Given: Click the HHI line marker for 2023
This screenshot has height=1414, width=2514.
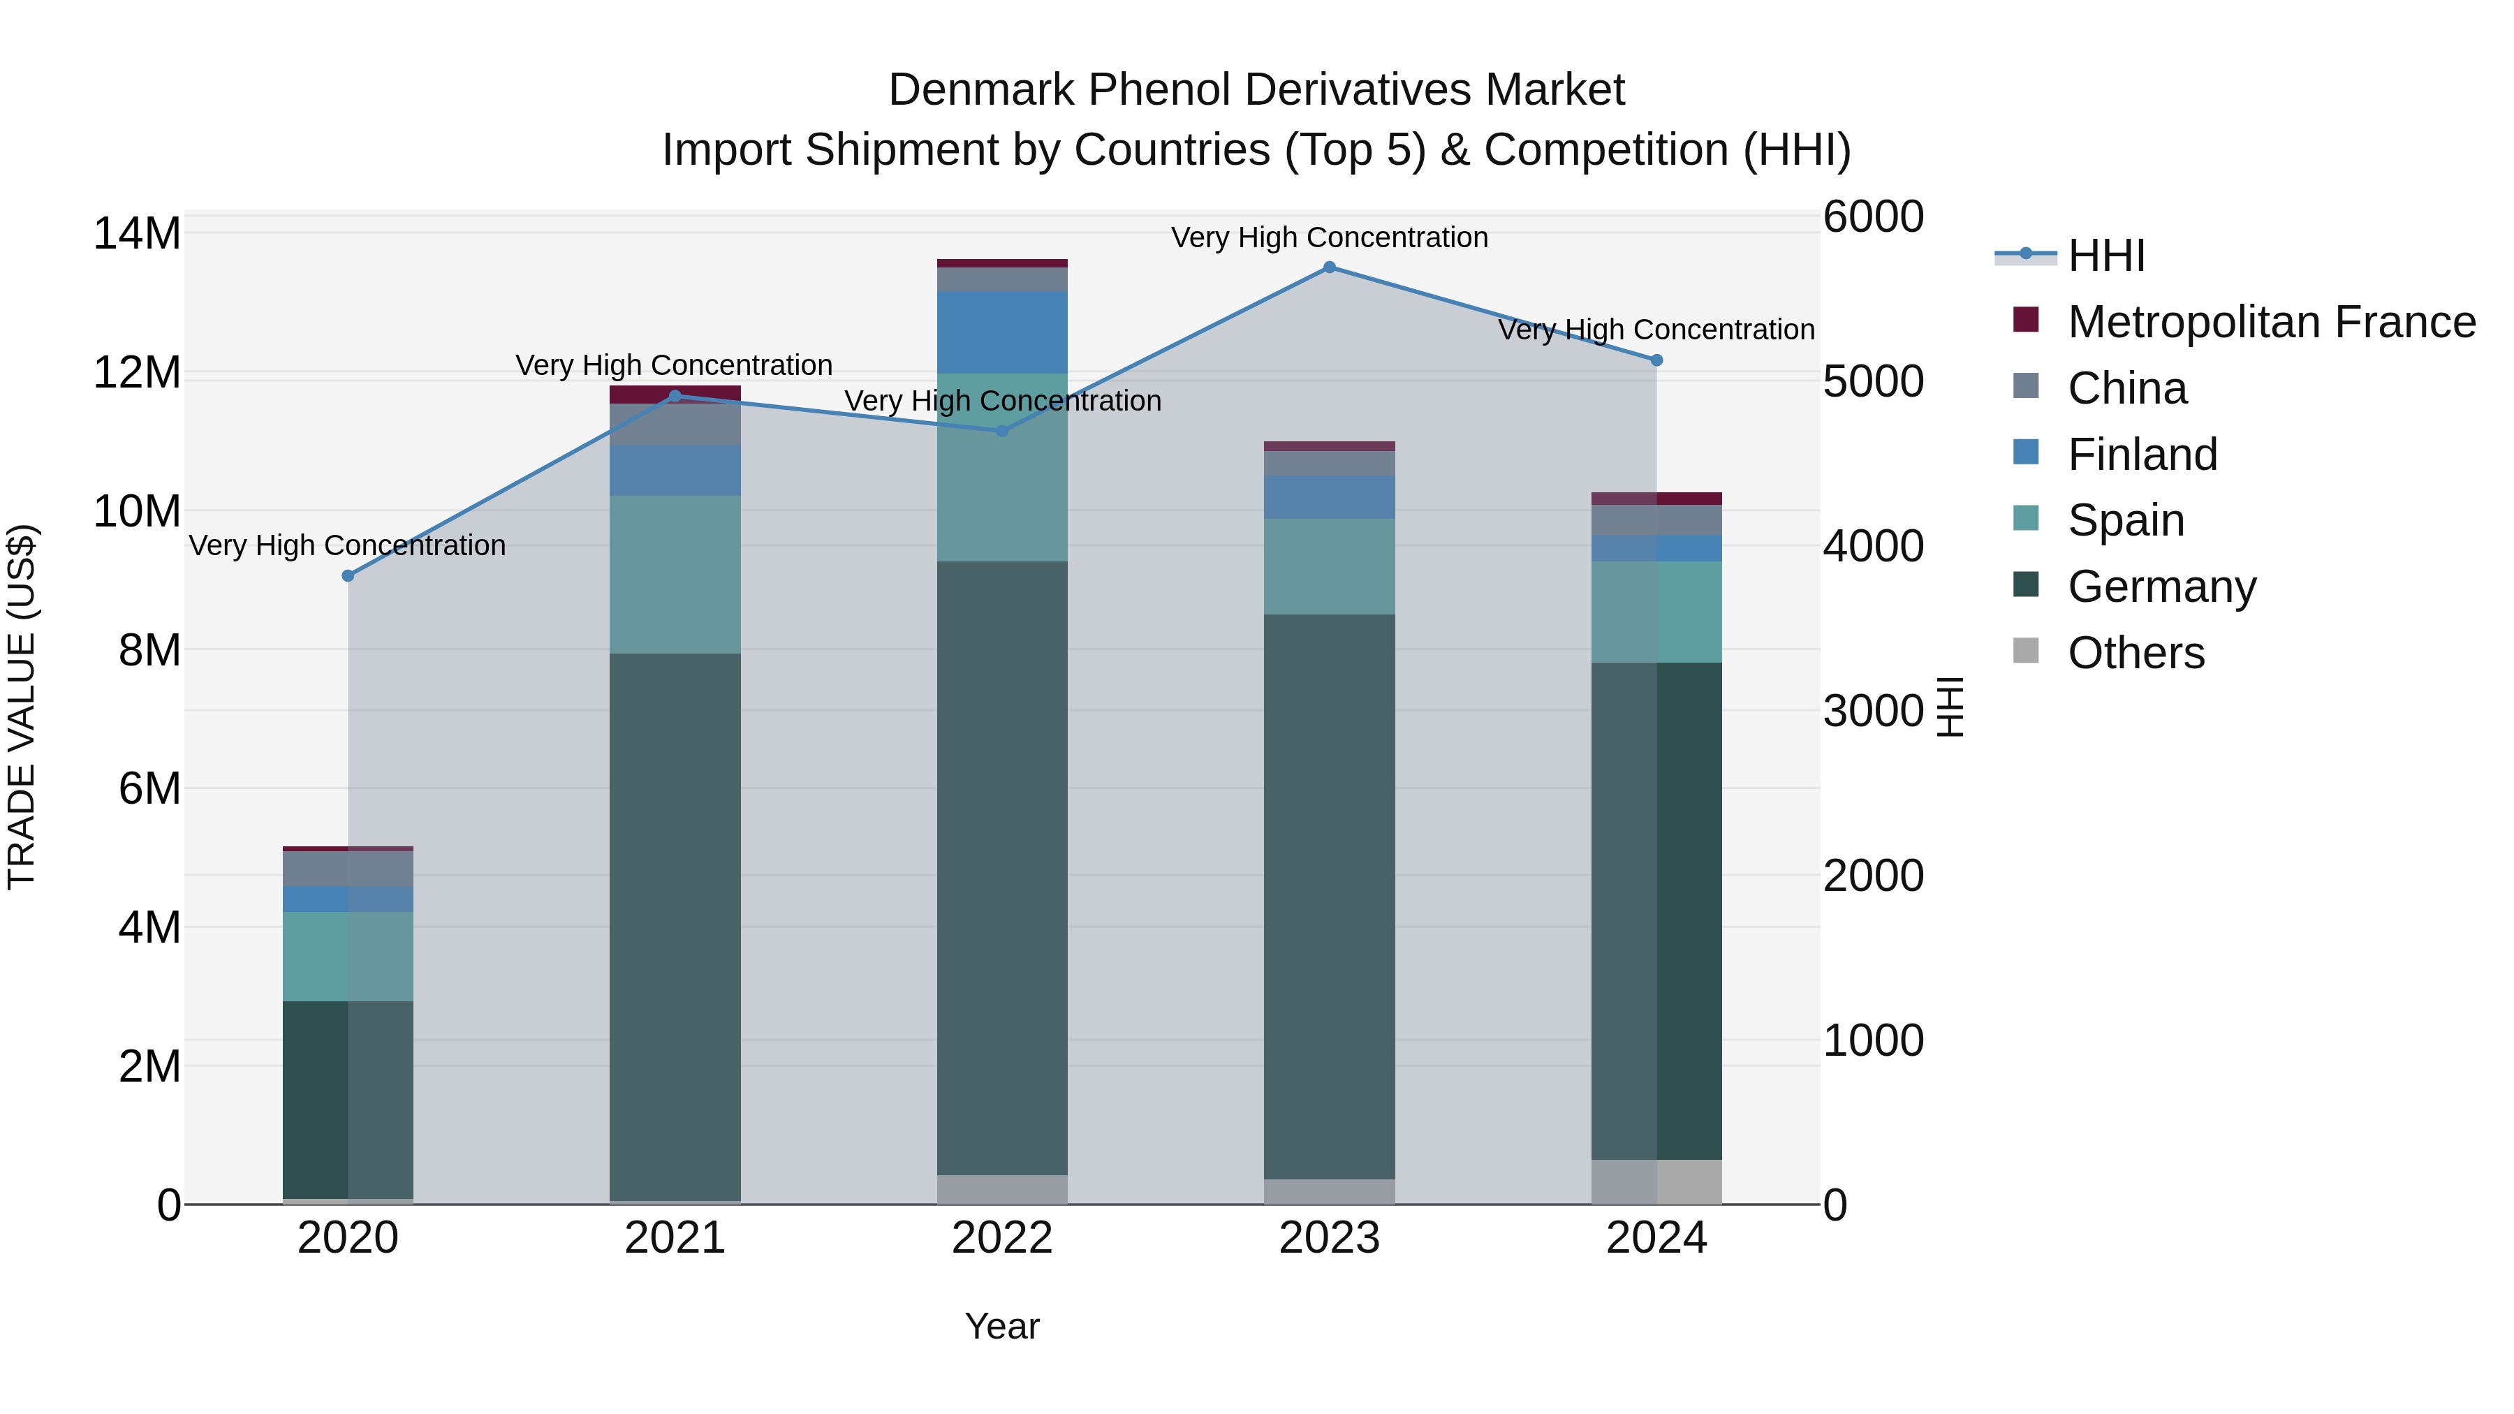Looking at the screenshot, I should click(1329, 267).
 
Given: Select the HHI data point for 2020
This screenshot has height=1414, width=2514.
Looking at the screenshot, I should click(348, 576).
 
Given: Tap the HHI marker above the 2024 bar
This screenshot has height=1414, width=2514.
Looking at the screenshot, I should click(1656, 360).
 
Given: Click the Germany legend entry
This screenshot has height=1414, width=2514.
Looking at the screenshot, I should click(2161, 587).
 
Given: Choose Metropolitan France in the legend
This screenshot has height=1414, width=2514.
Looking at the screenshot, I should click(2271, 322).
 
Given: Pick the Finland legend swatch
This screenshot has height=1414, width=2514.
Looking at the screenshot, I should click(2026, 452).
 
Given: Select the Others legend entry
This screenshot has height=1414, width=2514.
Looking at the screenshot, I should click(2136, 653).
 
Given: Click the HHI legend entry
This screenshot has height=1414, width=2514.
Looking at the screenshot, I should click(2106, 256).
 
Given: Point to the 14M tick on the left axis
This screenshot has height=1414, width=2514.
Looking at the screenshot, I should click(137, 234).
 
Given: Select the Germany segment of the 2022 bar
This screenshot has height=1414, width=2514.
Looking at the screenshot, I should click(1002, 869).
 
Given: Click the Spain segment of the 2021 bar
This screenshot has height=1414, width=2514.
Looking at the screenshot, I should click(675, 575).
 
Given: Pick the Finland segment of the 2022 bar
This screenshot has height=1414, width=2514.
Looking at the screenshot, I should click(1002, 332).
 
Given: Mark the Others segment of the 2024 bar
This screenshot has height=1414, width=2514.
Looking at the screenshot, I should click(1656, 1181).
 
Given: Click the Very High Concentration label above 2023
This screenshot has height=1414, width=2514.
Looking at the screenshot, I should click(1329, 238).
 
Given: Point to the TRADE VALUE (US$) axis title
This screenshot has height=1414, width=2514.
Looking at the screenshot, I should click(22, 707).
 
